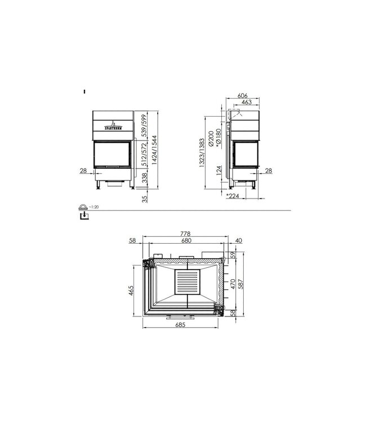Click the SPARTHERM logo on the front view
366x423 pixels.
coord(114,126)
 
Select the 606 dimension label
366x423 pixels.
coord(243,96)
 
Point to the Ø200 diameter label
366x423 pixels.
coord(211,139)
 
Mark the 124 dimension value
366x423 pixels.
coord(218,178)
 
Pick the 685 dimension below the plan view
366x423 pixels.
coord(181,325)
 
